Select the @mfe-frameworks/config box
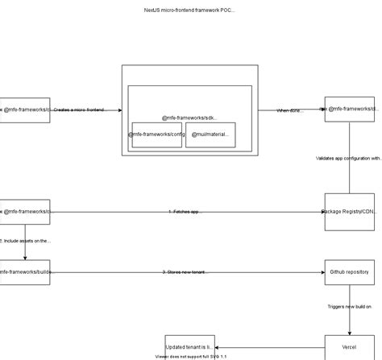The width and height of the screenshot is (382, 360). click(x=156, y=134)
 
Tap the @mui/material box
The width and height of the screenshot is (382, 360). click(x=210, y=134)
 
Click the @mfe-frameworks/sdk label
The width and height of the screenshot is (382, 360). click(x=189, y=118)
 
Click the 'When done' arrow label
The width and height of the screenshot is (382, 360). click(x=289, y=110)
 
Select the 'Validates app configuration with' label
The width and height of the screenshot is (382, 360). click(x=348, y=159)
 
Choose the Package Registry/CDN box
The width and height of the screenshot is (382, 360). click(x=349, y=212)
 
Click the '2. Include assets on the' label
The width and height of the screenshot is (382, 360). click(x=26, y=241)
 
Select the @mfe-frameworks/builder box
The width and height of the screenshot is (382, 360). click(x=25, y=272)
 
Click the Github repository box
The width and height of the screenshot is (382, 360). click(x=349, y=272)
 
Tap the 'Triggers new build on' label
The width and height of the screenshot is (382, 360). click(x=349, y=307)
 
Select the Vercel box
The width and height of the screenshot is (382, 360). click(x=349, y=346)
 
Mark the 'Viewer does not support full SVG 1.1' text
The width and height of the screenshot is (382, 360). click(x=191, y=355)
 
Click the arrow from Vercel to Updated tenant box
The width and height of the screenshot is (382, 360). click(x=270, y=346)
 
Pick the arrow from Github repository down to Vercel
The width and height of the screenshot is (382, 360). click(x=349, y=322)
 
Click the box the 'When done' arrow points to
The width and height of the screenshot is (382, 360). click(x=349, y=110)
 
